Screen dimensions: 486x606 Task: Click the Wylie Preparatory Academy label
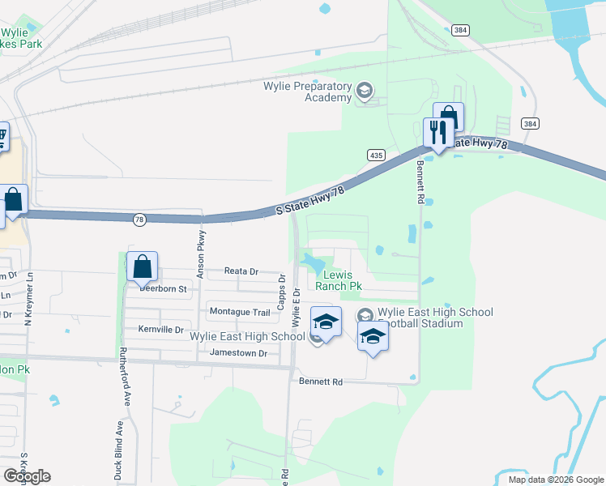(307, 92)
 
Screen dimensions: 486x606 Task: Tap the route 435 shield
(375, 155)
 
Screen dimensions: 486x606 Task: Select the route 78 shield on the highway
(139, 219)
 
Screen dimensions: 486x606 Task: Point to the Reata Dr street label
(241, 272)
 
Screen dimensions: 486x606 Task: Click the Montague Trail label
(239, 312)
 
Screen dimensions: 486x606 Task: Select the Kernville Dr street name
(160, 330)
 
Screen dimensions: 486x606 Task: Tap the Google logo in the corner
(28, 475)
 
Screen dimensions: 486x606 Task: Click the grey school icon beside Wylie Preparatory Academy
(364, 92)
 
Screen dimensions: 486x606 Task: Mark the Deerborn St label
(163, 288)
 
